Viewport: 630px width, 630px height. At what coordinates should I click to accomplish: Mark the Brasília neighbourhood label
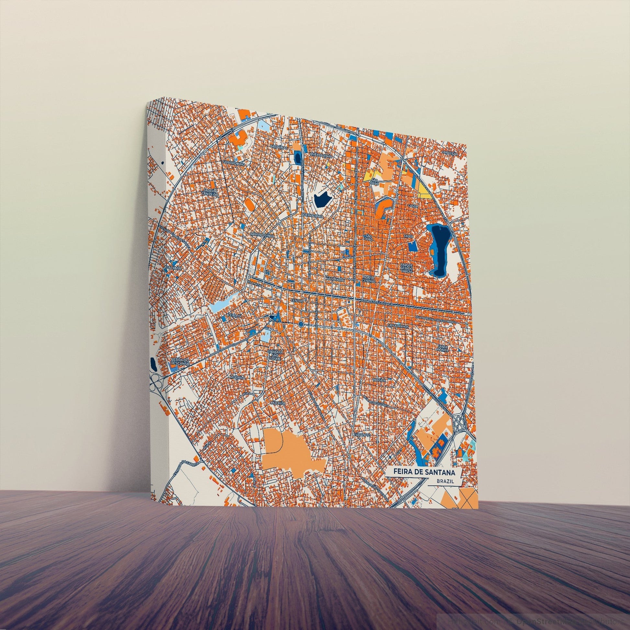(x=380, y=380)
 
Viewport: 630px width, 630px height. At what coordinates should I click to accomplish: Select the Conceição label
(x=450, y=152)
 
